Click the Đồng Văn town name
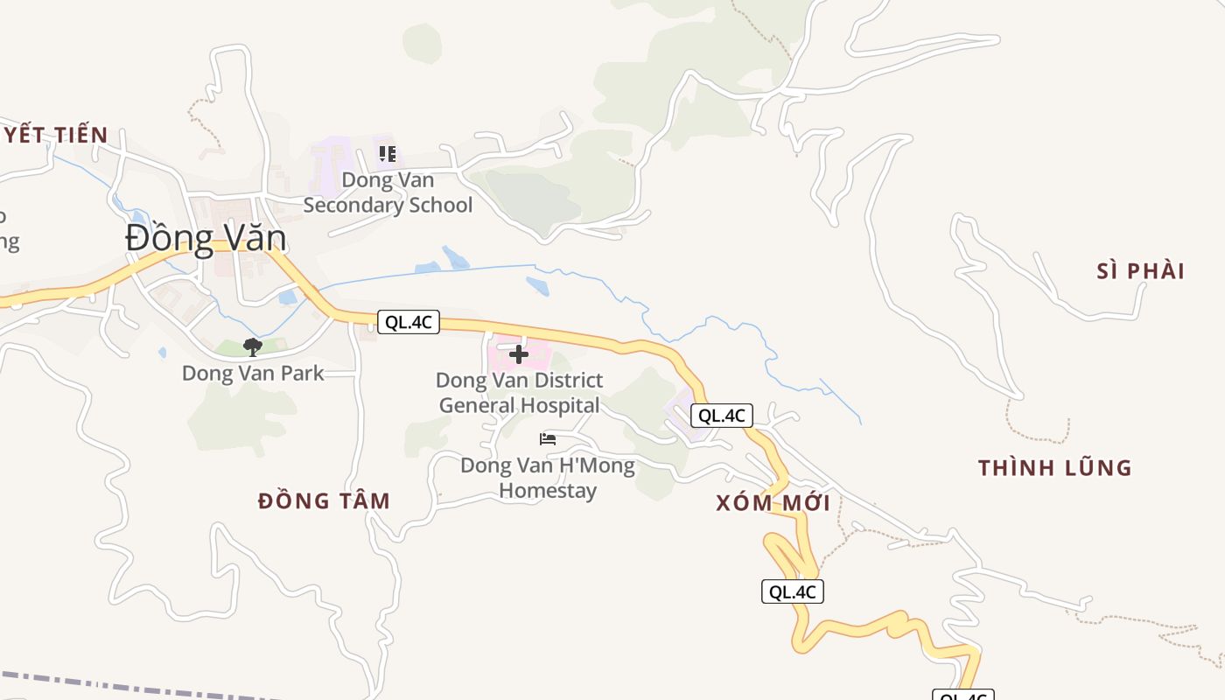coord(206,238)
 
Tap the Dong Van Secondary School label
coord(388,192)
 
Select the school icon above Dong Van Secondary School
coord(388,155)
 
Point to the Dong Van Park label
coord(253,373)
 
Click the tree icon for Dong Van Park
coord(253,347)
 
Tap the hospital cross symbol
coord(519,354)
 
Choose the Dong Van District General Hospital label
coord(520,393)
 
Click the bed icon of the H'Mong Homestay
coord(548,439)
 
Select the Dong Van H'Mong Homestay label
coord(548,477)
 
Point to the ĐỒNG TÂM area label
coord(324,501)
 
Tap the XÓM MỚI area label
coord(773,503)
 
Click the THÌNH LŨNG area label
coord(1055,468)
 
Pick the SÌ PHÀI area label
coord(1141,271)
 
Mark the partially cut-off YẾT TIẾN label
coord(54,136)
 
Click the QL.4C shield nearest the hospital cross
coord(409,322)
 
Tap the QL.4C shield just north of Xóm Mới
coord(722,416)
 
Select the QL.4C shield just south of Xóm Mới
coord(792,591)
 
